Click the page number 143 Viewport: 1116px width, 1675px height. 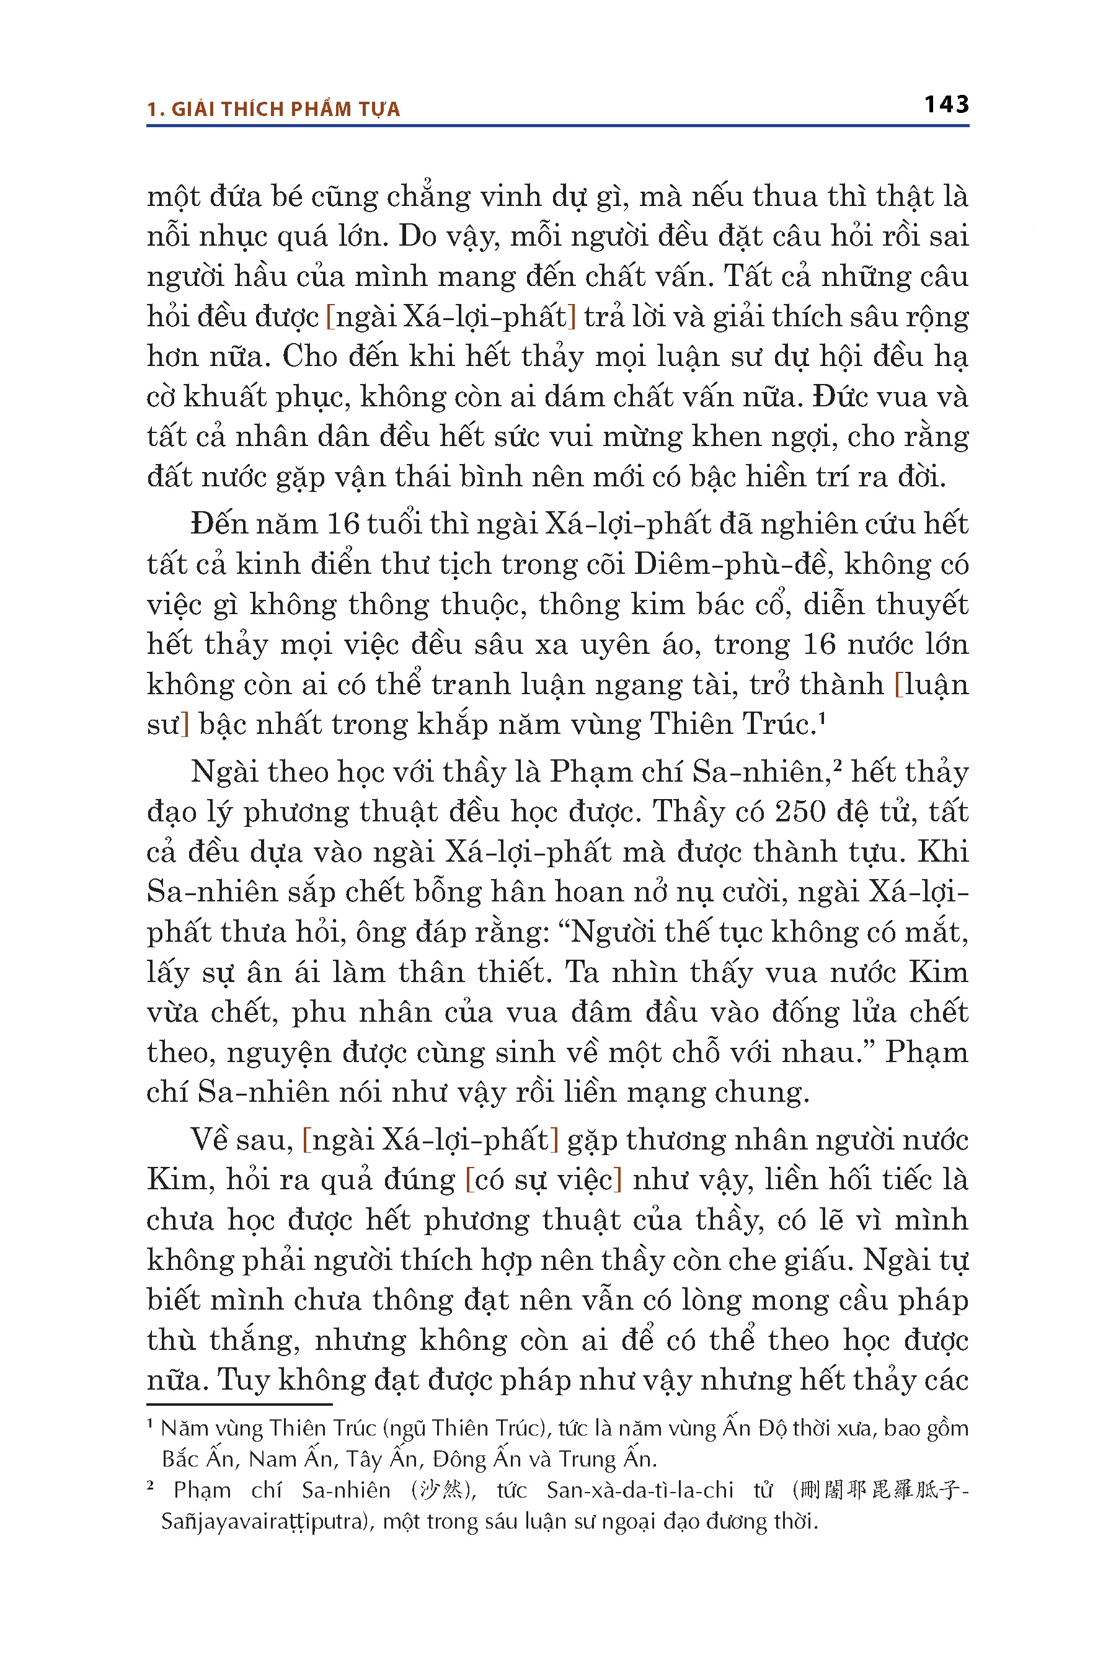coord(946,105)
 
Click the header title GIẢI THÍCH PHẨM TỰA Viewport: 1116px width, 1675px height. coord(285,109)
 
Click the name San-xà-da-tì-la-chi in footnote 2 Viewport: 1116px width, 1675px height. coord(640,1490)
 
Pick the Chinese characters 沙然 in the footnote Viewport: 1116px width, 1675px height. coord(442,1490)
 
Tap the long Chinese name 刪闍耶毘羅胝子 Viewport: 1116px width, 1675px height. coord(880,1490)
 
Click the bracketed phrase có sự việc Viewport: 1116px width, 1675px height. coord(544,1180)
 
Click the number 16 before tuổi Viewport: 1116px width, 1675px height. coord(343,524)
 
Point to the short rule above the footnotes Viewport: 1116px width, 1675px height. coord(239,1405)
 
